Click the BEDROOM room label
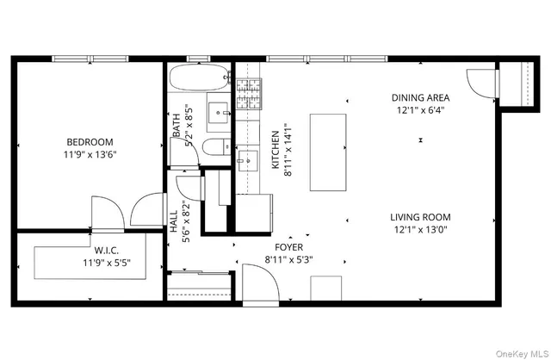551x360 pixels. pyautogui.click(x=90, y=142)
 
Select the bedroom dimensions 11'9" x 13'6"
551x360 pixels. pyautogui.click(x=90, y=155)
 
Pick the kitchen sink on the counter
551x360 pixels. pyautogui.click(x=247, y=160)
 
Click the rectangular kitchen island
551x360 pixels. pyautogui.click(x=328, y=152)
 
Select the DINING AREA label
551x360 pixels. pyautogui.click(x=420, y=97)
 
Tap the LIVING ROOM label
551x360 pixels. pyautogui.click(x=420, y=217)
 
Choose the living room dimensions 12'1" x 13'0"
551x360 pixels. pyautogui.click(x=420, y=230)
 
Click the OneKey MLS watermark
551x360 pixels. pyautogui.click(x=517, y=351)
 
